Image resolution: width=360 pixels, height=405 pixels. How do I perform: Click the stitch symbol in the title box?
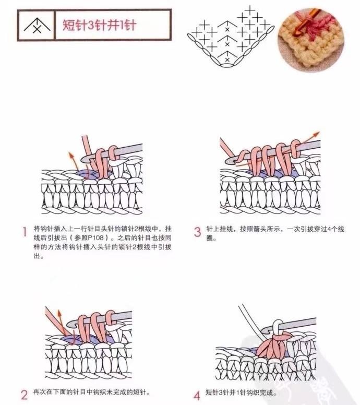[37, 26]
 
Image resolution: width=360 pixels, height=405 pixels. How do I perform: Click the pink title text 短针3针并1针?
[100, 25]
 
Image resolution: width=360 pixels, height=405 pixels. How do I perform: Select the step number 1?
[25, 232]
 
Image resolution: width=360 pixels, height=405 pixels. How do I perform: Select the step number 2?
[24, 395]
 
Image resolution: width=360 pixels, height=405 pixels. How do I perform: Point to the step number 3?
[197, 232]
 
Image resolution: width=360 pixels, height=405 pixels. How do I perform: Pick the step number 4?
[197, 395]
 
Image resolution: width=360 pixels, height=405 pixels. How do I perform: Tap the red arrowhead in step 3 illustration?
[317, 134]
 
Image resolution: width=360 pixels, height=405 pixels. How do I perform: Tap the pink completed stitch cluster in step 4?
[274, 345]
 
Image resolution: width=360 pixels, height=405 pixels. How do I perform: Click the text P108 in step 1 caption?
[95, 237]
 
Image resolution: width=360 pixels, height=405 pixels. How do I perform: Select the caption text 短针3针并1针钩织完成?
[239, 393]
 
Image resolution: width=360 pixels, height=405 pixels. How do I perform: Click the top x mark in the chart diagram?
[227, 30]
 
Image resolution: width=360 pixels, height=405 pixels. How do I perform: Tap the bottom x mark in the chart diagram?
[227, 59]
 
